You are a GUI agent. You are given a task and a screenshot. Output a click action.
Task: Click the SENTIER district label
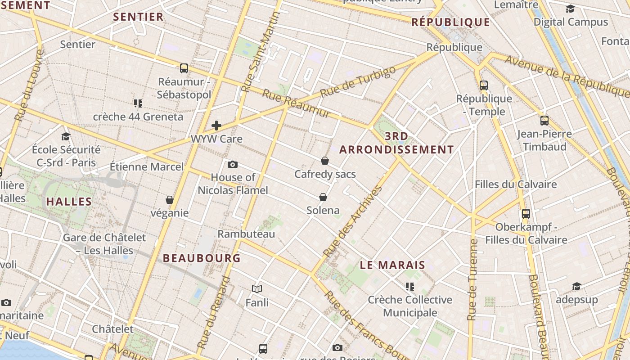pos(138,17)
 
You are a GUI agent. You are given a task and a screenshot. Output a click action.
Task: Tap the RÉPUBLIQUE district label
pos(450,22)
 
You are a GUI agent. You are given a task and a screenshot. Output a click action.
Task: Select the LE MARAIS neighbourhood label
pos(392,265)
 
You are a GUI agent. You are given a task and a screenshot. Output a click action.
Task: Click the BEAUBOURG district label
pos(202,258)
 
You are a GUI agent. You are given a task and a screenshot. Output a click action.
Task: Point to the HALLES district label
pos(69,202)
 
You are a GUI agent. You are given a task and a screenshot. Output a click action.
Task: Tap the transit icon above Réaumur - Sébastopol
pos(184,68)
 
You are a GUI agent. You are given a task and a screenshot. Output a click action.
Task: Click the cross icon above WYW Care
pos(216,126)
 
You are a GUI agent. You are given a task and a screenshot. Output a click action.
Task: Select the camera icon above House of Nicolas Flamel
pos(233,164)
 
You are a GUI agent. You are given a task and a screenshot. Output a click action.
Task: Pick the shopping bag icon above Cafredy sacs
pos(325,161)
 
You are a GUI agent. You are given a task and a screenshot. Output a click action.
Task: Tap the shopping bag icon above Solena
pos(323,197)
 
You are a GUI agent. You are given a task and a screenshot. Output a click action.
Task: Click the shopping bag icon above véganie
pos(170,200)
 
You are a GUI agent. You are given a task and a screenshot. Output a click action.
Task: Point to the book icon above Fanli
pos(257,289)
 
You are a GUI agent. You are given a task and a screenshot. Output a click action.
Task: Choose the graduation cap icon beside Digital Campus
pos(570,9)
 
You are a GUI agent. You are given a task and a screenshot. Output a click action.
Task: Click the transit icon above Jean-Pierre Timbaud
pos(544,121)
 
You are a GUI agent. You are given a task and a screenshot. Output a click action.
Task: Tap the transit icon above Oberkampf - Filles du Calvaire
pos(526,214)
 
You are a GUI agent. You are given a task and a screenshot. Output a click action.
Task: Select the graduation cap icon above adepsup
pos(576,287)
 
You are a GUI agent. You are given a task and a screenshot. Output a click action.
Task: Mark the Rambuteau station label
pos(246,234)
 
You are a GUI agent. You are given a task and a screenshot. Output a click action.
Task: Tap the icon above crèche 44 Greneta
pos(138,103)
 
